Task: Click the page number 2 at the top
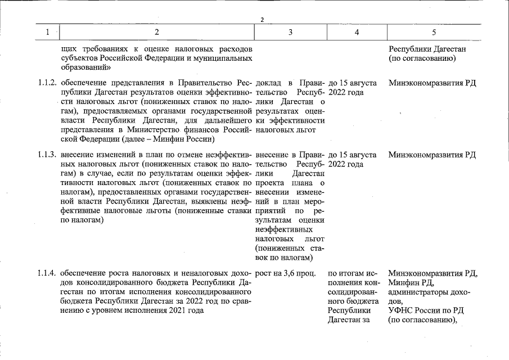(262, 21)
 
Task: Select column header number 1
(48, 33)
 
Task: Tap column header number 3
(290, 33)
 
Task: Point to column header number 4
(356, 33)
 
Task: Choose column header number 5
(434, 33)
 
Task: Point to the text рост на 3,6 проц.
(285, 274)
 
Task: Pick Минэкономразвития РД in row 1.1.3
(432, 155)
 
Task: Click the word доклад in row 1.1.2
(269, 83)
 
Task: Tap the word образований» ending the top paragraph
(85, 67)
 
